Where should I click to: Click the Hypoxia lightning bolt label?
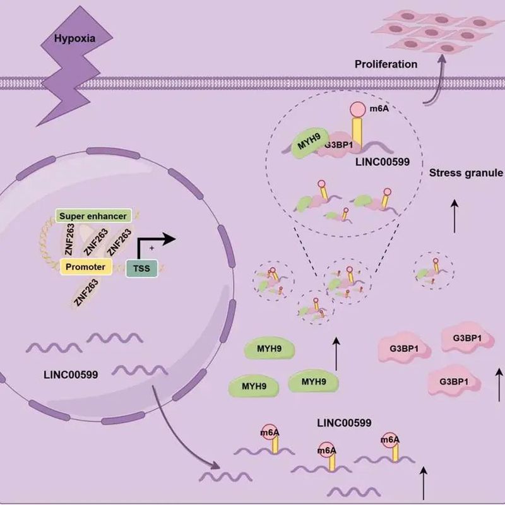[x=75, y=39]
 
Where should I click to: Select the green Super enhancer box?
[x=93, y=217]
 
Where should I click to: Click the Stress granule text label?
[x=465, y=173]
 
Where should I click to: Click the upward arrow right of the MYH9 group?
[x=336, y=353]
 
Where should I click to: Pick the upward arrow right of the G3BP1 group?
[x=499, y=382]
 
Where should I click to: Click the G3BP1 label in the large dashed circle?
[x=338, y=145]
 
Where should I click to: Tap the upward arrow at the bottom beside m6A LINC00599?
[x=423, y=480]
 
